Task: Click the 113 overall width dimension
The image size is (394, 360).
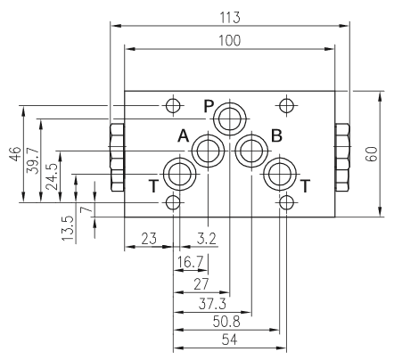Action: pos(230,17)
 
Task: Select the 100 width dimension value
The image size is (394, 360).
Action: pos(230,41)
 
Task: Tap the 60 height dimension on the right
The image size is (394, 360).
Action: pos(372,154)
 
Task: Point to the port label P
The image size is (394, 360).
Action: pos(209,106)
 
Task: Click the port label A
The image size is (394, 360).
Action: pos(184,136)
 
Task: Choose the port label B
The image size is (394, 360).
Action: pos(276,136)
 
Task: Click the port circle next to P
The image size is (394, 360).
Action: pos(230,119)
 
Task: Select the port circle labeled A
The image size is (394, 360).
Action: pos(208,151)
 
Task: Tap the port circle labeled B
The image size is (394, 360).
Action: pos(251,151)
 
